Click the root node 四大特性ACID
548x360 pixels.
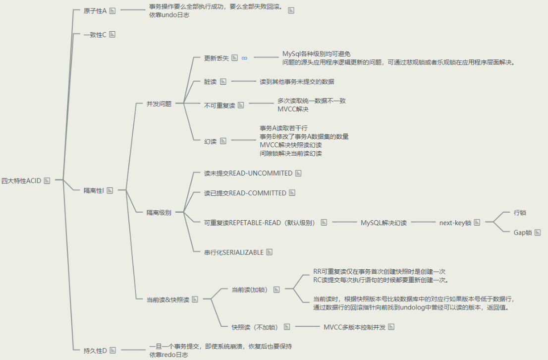[x=21, y=180]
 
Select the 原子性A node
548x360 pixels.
[x=95, y=10]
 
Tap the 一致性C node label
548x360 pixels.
[x=95, y=35]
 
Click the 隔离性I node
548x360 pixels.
[x=94, y=190]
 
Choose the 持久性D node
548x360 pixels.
[x=95, y=351]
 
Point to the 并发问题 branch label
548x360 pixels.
[x=159, y=104]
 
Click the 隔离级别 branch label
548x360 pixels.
[x=159, y=213]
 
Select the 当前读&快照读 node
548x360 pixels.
[x=168, y=300]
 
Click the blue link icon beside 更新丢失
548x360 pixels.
[x=244, y=59]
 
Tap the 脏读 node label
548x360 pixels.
[x=211, y=81]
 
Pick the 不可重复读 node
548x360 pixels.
[x=219, y=106]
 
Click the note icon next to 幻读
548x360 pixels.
[x=223, y=141]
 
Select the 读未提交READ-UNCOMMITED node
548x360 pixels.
[x=248, y=174]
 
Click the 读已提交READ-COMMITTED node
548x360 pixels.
[x=245, y=193]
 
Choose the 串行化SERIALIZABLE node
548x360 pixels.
[x=234, y=252]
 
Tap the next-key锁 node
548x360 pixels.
[x=455, y=223]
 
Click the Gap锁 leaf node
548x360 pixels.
[x=522, y=233]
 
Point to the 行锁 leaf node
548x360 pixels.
[x=520, y=213]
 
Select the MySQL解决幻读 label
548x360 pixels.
[x=384, y=223]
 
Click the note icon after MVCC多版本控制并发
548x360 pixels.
[x=391, y=327]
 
